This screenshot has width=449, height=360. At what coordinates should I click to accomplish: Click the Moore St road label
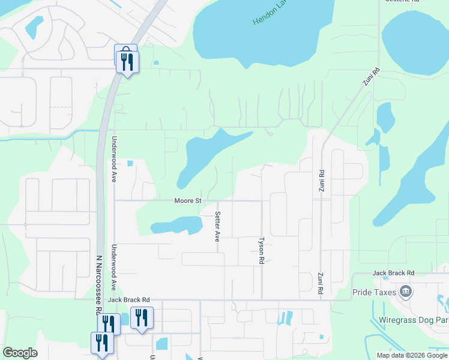click(x=187, y=200)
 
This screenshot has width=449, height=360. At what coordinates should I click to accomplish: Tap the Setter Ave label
click(x=217, y=226)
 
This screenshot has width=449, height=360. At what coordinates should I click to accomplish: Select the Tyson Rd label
click(x=261, y=250)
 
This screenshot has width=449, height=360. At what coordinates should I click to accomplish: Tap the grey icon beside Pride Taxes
click(x=406, y=292)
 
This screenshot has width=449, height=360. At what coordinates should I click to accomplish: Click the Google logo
click(x=20, y=353)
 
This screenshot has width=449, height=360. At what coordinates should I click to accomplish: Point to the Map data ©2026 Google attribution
click(x=412, y=355)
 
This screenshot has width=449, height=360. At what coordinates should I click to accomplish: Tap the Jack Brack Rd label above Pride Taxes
click(x=393, y=273)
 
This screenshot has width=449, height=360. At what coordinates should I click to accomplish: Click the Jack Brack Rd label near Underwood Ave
click(x=128, y=299)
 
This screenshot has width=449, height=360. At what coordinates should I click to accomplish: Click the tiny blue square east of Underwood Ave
click(x=130, y=163)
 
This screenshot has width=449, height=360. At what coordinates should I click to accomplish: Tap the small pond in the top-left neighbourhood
click(x=34, y=26)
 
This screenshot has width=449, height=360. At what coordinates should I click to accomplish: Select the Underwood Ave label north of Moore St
click(x=113, y=159)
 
